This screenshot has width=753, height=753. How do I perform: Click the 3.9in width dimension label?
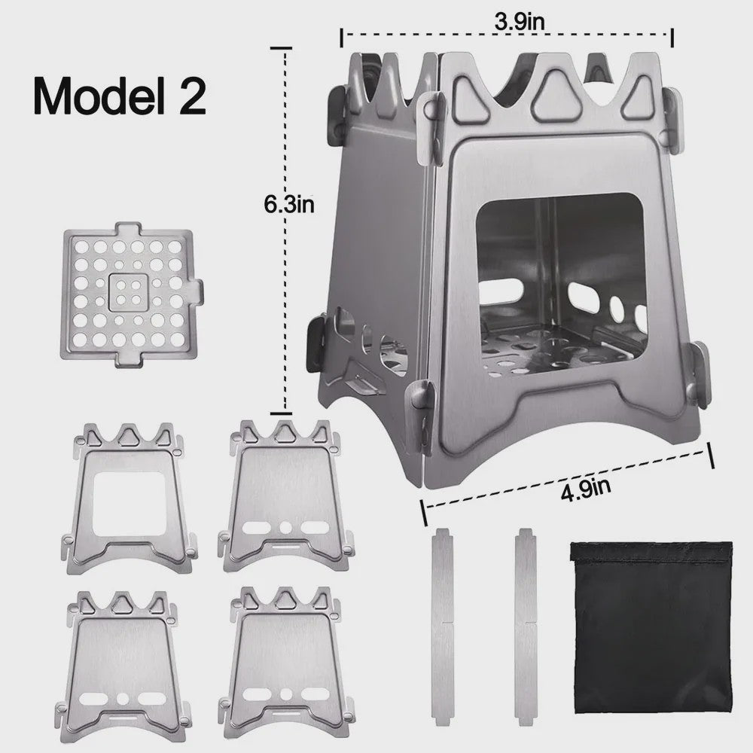tap(520, 21)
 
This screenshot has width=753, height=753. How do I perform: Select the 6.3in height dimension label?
tap(289, 204)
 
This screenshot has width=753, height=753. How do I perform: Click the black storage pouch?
tap(651, 628)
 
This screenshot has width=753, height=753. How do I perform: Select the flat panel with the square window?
tap(130, 498)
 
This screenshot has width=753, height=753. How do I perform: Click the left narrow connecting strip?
tap(443, 628)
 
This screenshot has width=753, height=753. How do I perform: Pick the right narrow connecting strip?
tap(526, 628)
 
